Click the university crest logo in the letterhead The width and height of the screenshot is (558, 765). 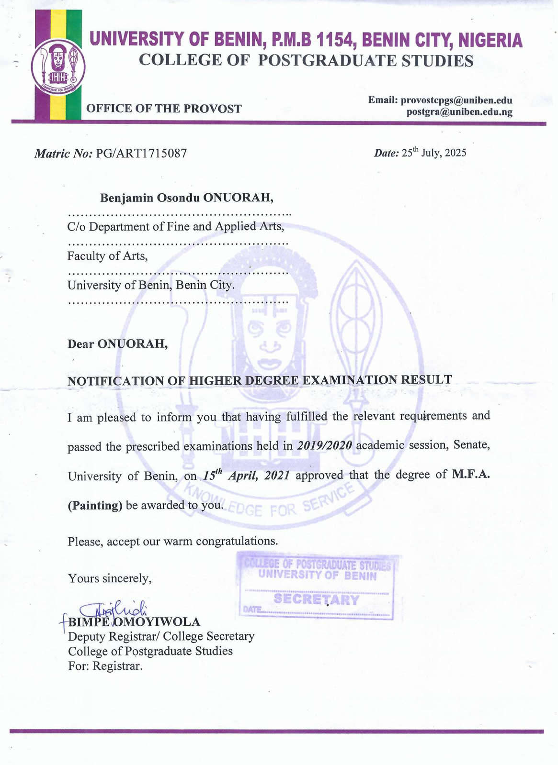58,66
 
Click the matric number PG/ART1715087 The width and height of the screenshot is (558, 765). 141,154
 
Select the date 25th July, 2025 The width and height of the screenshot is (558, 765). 433,153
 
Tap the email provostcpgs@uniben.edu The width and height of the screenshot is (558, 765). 456,100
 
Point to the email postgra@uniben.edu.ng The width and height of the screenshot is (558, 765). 459,112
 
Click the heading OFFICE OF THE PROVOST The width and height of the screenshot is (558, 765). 164,109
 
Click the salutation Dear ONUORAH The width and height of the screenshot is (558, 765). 117,344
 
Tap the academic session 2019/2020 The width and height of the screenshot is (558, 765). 324,445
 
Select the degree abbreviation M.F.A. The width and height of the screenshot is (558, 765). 471,474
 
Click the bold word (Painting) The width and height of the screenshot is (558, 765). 95,506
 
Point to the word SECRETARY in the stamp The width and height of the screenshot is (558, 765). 316,599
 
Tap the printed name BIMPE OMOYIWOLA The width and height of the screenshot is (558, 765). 134,622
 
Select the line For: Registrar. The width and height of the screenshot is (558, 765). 105,666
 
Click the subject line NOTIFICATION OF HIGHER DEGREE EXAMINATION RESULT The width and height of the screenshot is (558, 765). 260,381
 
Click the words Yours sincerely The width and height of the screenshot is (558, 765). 110,578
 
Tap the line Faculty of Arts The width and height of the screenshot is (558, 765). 107,256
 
